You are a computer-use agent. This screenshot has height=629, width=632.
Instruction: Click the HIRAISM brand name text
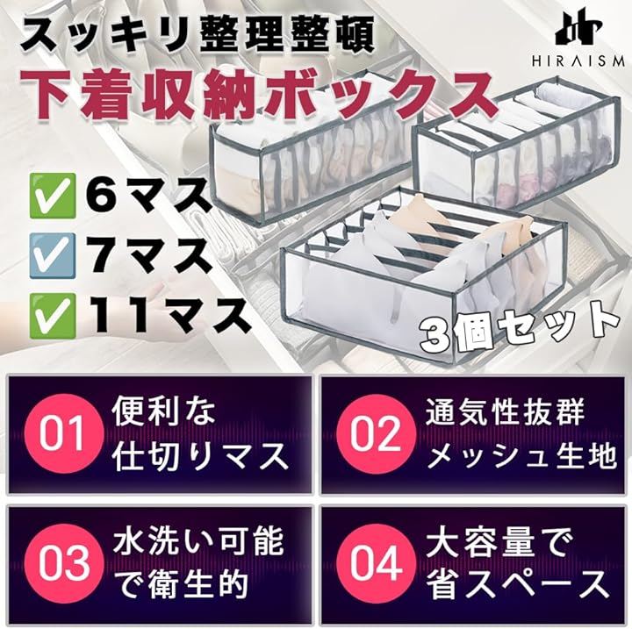[x=578, y=61]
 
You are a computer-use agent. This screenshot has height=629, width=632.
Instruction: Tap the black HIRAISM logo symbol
[x=578, y=30]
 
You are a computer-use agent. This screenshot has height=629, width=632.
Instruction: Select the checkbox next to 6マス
[x=54, y=197]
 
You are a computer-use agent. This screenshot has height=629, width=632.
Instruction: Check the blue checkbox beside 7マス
[x=53, y=255]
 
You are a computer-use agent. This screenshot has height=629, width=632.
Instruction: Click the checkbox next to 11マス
[x=54, y=316]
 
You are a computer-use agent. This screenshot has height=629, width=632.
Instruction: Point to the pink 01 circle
[x=63, y=434]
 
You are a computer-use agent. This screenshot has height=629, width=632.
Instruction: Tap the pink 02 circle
[x=376, y=434]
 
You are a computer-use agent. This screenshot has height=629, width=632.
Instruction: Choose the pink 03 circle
[x=63, y=563]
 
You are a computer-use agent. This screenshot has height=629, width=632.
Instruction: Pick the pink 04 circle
[x=376, y=563]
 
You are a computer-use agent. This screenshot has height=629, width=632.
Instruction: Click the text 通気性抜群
[x=505, y=412]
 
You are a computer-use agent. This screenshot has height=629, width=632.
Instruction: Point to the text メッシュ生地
[x=521, y=455]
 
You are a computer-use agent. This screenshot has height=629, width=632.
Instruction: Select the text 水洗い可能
[x=198, y=542]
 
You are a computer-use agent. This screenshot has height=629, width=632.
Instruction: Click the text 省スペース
[x=518, y=584]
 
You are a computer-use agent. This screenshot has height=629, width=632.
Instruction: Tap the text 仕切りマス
[x=201, y=455]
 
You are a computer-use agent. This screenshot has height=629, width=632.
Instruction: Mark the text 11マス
[x=168, y=317]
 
